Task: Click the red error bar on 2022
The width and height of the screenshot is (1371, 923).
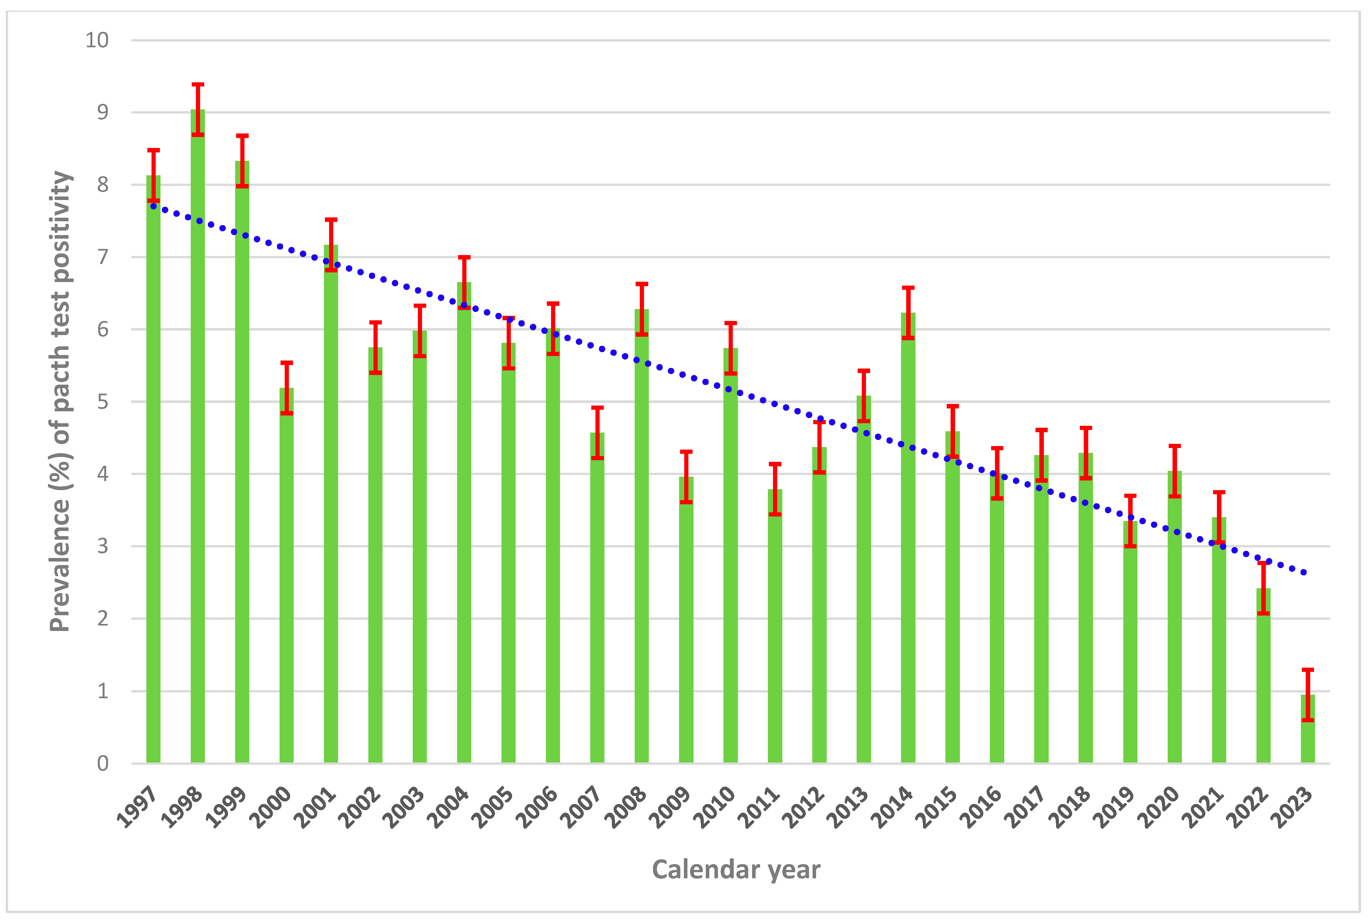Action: pos(1263,588)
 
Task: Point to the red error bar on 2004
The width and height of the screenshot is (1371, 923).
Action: pos(465,283)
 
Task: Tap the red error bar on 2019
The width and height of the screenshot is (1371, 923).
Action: pos(1130,521)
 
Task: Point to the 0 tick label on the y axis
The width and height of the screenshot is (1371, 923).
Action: pos(103,763)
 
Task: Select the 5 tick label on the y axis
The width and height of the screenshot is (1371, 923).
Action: pos(103,402)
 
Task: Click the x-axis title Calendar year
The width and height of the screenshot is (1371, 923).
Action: pos(736,869)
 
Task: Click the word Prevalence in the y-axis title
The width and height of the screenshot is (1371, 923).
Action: pos(60,565)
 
